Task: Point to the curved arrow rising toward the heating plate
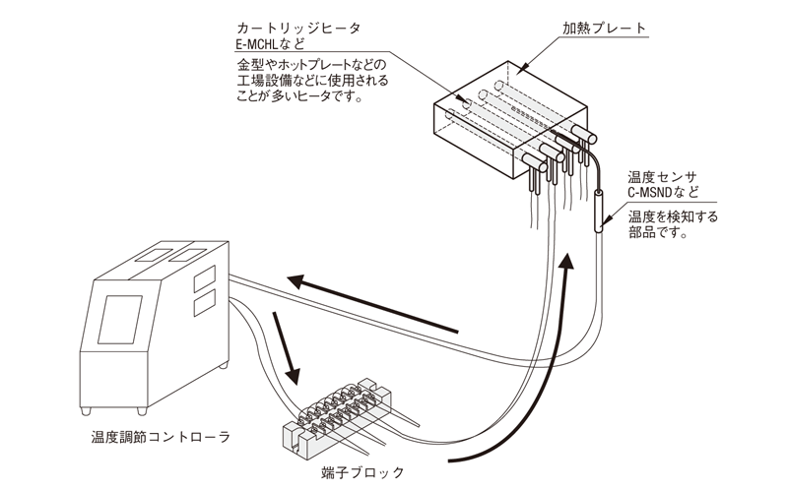[x=532, y=384]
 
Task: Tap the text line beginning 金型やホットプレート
[x=313, y=65]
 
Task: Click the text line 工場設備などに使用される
[x=313, y=81]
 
